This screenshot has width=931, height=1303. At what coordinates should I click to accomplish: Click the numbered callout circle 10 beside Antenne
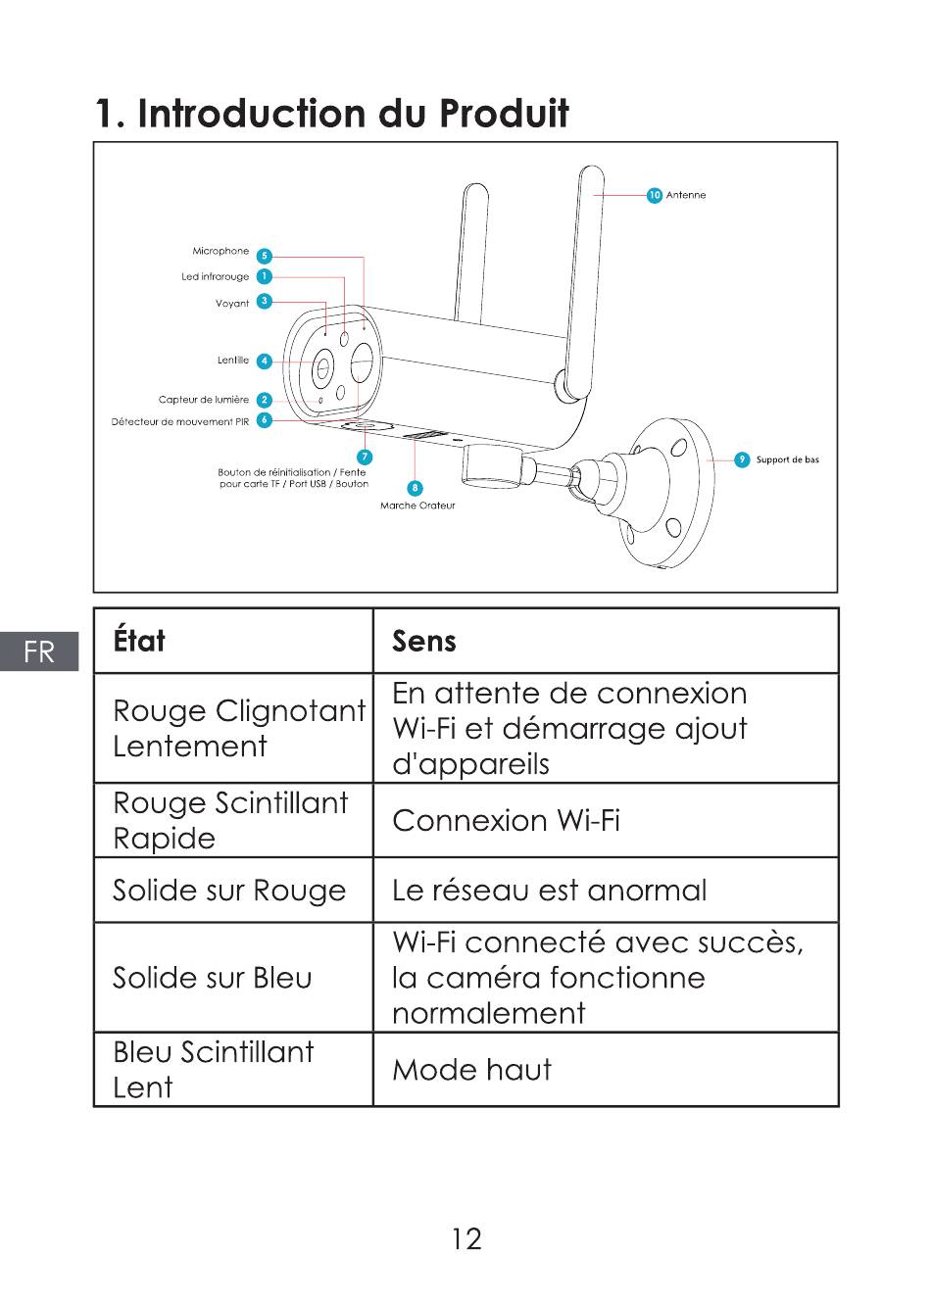pos(655,195)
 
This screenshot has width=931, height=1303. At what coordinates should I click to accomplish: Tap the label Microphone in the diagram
pos(220,252)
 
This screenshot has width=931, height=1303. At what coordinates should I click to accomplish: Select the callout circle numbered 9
pos(742,459)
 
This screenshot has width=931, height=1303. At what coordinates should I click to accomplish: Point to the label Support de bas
pos(787,459)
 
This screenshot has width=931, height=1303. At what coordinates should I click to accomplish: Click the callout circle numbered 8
pos(416,488)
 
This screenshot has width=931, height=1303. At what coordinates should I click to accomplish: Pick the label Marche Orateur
pos(417,506)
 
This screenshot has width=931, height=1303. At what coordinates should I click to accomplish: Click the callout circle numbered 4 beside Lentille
pos(264,362)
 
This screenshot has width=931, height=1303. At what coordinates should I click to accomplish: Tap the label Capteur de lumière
pos(204,400)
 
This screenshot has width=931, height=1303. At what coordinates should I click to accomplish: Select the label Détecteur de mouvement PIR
pos(180,422)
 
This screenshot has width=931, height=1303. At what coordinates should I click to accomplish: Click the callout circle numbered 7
pos(365,458)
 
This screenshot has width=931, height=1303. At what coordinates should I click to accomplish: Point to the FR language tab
pos(39,651)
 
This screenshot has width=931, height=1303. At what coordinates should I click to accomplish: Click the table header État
pos(139,641)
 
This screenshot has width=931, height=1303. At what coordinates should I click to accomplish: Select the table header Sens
pos(424,641)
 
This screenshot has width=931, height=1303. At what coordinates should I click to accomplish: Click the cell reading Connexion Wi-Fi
pos(506,820)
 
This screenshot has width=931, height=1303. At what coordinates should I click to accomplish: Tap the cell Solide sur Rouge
pos(229,891)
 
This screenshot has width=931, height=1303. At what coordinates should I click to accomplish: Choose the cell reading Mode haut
pos(471,1069)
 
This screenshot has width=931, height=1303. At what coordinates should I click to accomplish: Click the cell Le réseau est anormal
pos(549,891)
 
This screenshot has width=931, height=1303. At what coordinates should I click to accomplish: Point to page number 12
pos(466,1239)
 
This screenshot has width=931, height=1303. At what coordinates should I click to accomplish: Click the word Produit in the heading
pos(503,114)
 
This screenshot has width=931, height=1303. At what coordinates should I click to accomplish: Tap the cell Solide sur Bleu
pos(213,978)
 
